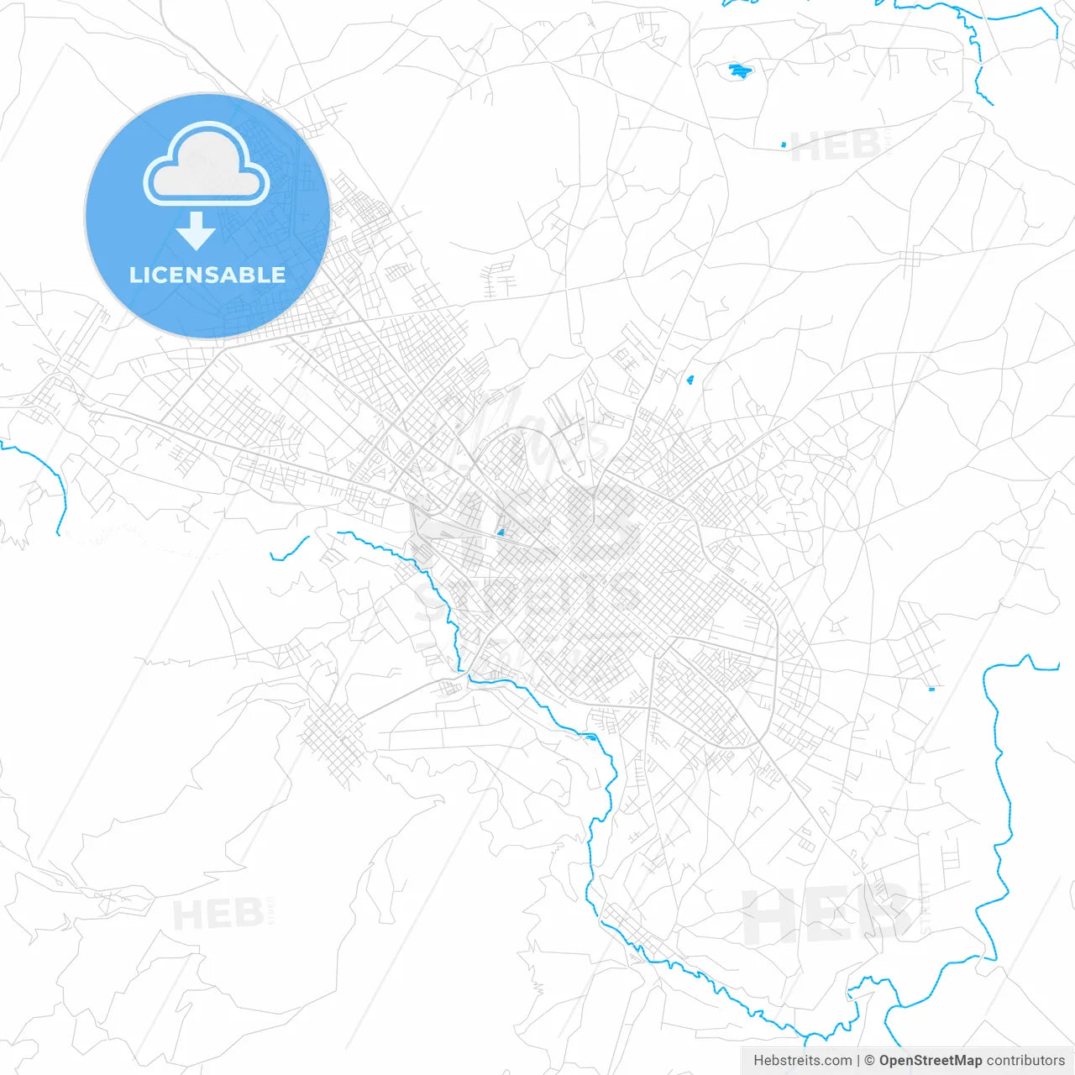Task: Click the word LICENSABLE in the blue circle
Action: [207, 275]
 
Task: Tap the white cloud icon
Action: [207, 166]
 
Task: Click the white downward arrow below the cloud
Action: [197, 231]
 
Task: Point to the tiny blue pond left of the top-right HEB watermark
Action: [784, 145]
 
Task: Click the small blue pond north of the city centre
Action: [690, 380]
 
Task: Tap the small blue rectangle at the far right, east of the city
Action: [931, 690]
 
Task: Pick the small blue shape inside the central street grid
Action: [501, 531]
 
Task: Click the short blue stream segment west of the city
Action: [289, 550]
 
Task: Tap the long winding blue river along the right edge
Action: [1000, 798]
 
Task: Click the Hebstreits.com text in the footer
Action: [802, 1061]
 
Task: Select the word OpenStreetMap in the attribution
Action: [930, 1061]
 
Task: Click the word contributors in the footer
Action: [1025, 1061]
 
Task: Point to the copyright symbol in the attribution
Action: [869, 1061]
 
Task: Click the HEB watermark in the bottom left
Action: [218, 914]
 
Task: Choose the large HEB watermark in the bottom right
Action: [827, 915]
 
